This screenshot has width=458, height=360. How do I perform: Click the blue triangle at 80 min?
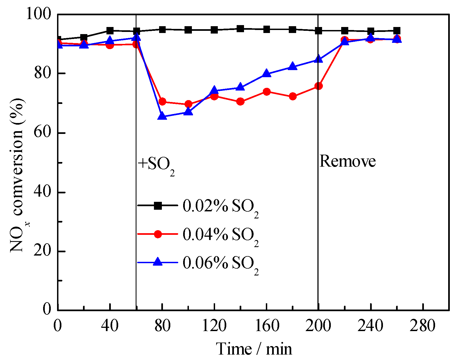coord(162,116)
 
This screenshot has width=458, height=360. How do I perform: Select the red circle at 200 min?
coord(318,86)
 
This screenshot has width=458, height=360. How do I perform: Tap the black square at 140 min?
coord(240,29)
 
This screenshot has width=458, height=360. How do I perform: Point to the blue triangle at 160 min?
coord(267,74)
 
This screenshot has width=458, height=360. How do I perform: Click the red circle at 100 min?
coord(188,104)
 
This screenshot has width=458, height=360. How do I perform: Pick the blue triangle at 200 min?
coord(318,59)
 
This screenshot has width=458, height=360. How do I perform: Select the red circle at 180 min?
coord(293,96)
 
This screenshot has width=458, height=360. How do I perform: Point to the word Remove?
coord(347,161)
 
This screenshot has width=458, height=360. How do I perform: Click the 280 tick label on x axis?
coord(422,326)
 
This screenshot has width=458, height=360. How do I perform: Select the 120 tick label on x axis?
coord(214,326)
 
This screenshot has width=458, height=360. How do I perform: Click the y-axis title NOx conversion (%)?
coord(18,175)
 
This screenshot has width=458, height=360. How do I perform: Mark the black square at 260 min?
coord(397,31)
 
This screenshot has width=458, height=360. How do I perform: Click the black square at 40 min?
coord(110,31)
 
